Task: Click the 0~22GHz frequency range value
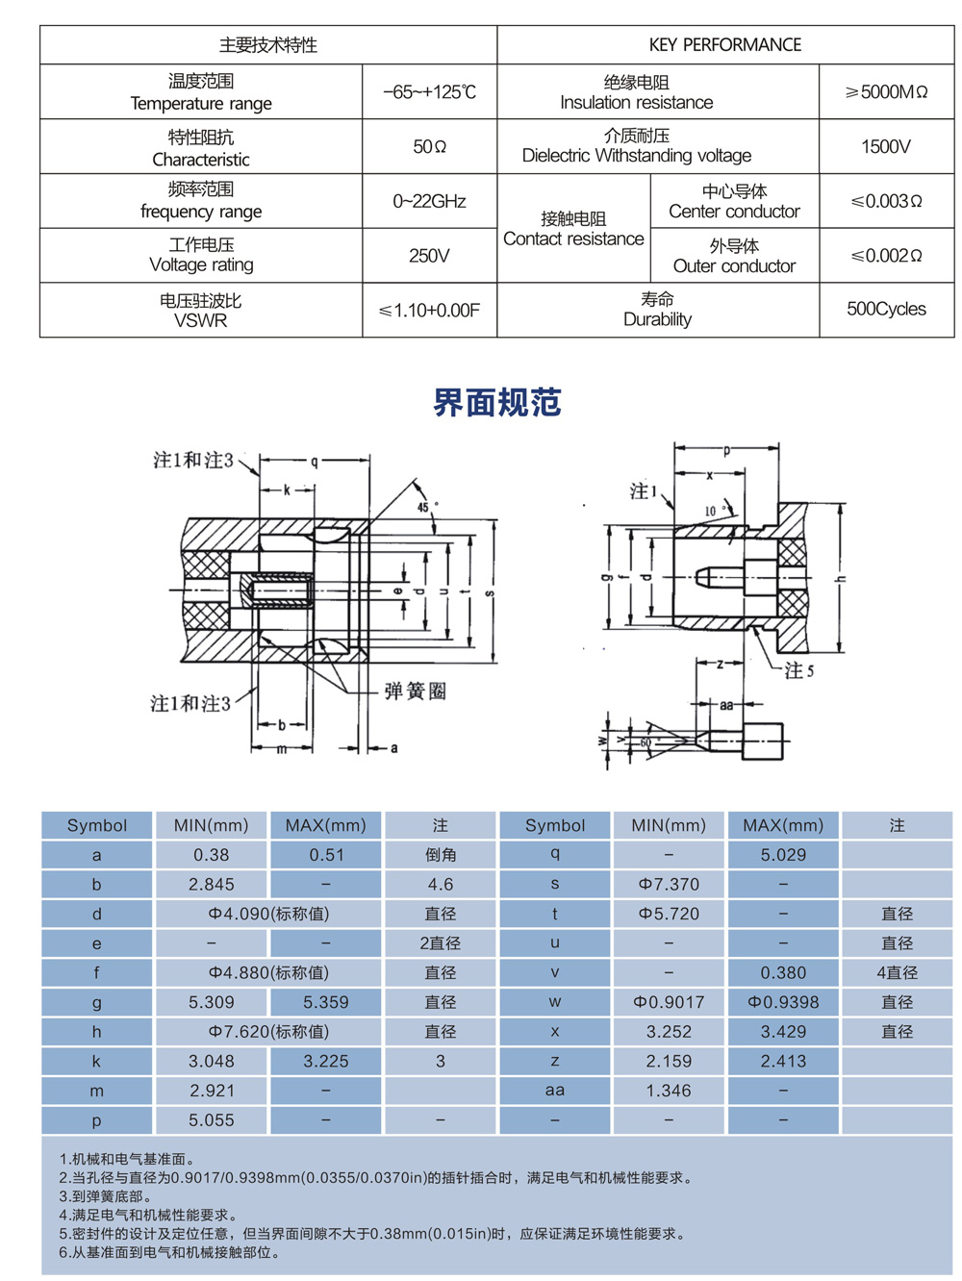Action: coord(429,201)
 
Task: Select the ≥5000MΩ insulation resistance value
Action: coord(886,92)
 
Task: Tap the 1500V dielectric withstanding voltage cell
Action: coord(886,147)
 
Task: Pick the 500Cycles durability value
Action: coord(886,309)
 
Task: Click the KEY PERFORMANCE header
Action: coord(725,45)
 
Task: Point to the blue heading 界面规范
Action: coord(496,402)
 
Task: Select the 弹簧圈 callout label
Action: coord(415,691)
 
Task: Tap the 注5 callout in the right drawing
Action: coord(798,670)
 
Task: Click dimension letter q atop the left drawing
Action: coord(314,462)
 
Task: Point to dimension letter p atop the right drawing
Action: coord(726,449)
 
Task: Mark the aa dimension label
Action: coord(726,705)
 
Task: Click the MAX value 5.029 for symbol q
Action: coord(783,855)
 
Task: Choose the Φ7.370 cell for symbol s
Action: coord(669,885)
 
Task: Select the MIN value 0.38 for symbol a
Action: coord(211,855)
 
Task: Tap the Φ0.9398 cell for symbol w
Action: coord(783,1002)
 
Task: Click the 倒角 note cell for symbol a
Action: coord(440,855)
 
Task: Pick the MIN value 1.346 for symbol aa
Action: coord(669,1091)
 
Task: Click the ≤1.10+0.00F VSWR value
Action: coord(429,310)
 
